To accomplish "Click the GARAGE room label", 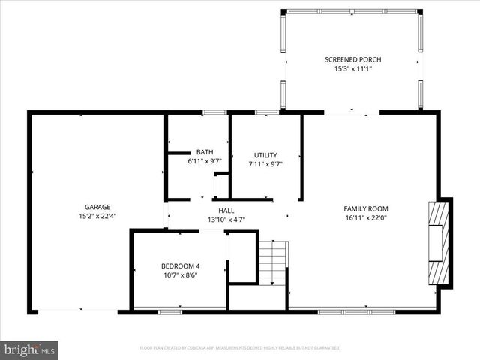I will tap(97, 207).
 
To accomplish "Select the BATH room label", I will tap(204, 151).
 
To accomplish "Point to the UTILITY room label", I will tap(265, 155).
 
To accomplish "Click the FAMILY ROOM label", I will tap(366, 208).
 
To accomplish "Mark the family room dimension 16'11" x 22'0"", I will tap(366, 219).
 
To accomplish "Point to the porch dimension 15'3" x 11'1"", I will tap(352, 69).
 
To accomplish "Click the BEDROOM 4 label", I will tap(180, 265).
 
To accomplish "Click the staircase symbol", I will tap(273, 262).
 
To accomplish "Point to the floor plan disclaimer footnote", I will tap(240, 348).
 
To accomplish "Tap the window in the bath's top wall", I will tap(215, 112).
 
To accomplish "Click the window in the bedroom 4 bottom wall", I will tap(169, 310).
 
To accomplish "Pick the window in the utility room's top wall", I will tap(267, 112).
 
